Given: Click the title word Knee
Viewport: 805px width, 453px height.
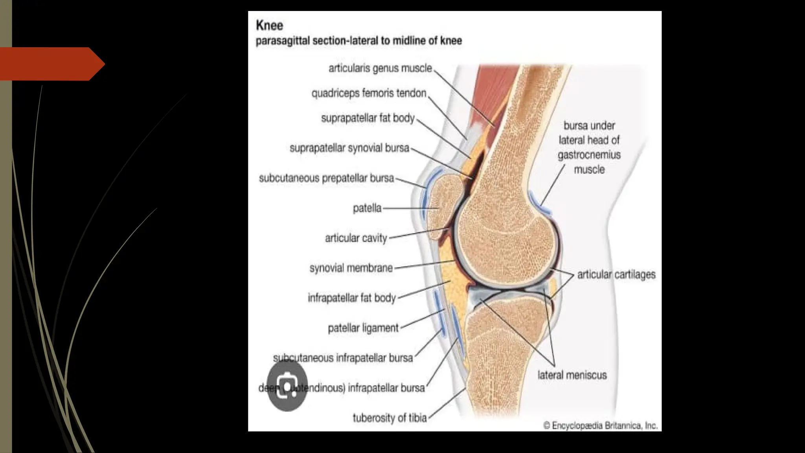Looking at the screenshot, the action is (x=269, y=26).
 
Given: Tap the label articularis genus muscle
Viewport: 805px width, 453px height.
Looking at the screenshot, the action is (x=380, y=68).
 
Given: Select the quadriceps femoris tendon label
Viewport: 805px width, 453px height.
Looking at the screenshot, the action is (x=369, y=94).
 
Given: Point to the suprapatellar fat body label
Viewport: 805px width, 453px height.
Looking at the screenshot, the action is (x=368, y=118).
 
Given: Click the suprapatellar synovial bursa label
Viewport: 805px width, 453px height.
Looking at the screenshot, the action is (x=349, y=148).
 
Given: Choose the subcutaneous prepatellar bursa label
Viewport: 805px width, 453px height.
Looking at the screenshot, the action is (x=326, y=178).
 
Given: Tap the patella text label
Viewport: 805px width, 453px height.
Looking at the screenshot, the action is (x=367, y=208).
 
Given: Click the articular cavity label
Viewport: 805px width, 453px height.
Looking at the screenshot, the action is (x=356, y=238).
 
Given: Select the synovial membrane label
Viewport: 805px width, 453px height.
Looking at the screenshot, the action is (x=351, y=268).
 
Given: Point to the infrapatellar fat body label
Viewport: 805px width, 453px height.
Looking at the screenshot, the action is (x=351, y=298).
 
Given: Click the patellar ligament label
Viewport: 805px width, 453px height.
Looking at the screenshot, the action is (x=363, y=328).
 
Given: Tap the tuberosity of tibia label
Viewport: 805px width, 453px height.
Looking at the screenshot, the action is (x=390, y=418).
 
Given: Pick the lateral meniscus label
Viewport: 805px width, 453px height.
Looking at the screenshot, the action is (x=572, y=375).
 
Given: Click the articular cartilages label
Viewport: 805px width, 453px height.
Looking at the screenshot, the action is (x=616, y=274).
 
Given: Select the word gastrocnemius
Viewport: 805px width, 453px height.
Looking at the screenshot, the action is (x=589, y=155).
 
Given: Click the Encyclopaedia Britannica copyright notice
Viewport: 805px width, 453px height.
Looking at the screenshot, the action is (x=600, y=425).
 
